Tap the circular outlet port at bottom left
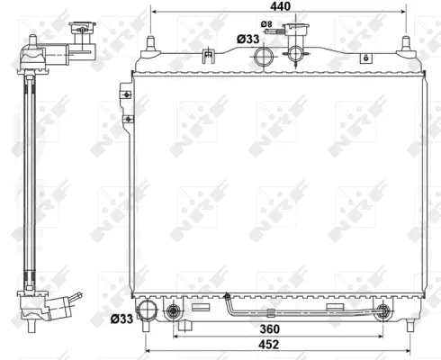tap(173, 313)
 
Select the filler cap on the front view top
tap(298, 39)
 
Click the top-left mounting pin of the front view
tap(150, 43)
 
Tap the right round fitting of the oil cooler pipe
tap(385, 313)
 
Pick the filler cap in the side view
tap(83, 34)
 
